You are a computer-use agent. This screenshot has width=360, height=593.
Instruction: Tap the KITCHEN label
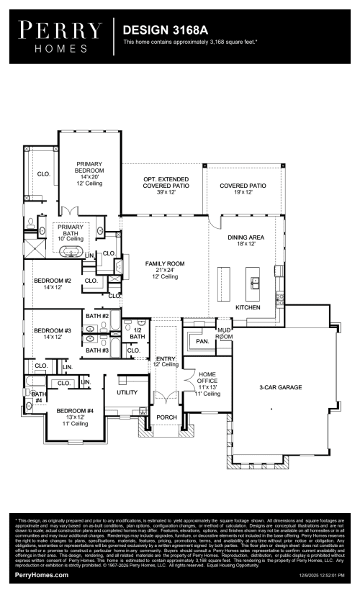coord(247,307)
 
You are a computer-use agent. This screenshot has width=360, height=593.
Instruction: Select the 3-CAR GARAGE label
coord(280,387)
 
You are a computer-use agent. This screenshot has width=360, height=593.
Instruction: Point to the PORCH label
coord(166,417)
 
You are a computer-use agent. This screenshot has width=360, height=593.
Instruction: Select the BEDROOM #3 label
coord(53,333)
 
